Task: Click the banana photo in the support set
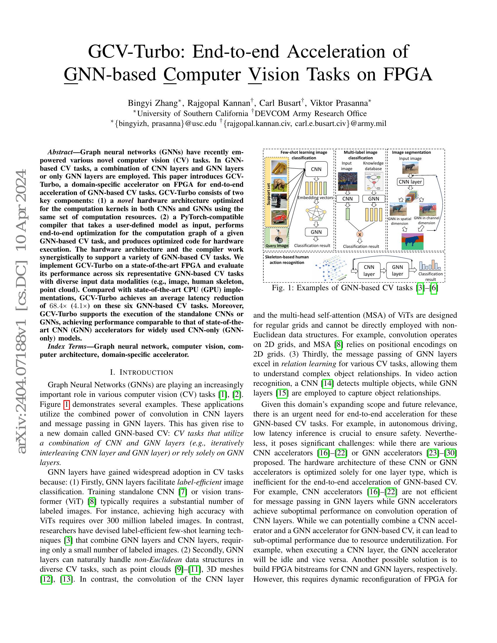279,167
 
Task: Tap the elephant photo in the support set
279,184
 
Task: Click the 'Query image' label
277,246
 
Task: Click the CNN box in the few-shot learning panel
316,169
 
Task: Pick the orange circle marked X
360,234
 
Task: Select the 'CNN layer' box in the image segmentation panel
410,182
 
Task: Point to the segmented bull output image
412,241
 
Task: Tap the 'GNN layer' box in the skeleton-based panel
397,270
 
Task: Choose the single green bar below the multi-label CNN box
347,214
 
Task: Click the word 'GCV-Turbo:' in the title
137,51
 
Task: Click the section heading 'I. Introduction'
141,372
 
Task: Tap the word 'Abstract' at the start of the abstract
60,152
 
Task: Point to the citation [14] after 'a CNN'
327,383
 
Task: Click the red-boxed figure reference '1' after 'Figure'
67,405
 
